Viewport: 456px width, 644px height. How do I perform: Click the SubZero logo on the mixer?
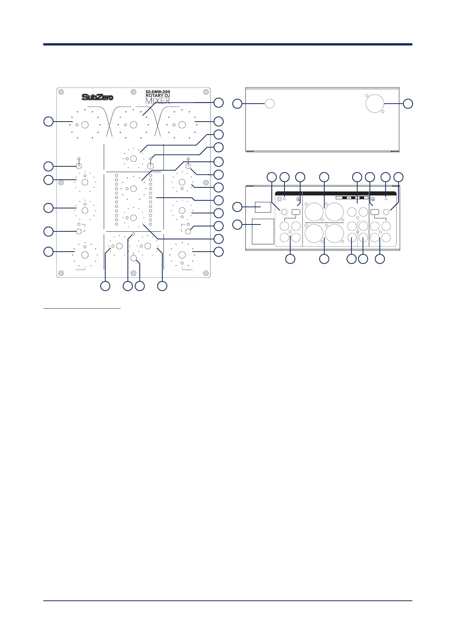pyautogui.click(x=97, y=97)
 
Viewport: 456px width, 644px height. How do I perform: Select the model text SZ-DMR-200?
pyautogui.click(x=158, y=92)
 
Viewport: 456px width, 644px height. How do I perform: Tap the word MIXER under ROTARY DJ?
pyautogui.click(x=158, y=101)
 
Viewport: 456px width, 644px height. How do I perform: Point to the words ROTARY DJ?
pyautogui.click(x=158, y=96)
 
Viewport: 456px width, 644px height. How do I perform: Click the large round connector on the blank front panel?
pyautogui.click(x=374, y=103)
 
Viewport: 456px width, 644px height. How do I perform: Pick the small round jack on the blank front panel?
pyautogui.click(x=270, y=103)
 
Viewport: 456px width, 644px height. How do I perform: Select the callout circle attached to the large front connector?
pyautogui.click(x=408, y=103)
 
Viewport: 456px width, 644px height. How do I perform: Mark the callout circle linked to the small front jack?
pyautogui.click(x=237, y=103)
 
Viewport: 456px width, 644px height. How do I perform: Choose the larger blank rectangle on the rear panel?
pyautogui.click(x=263, y=231)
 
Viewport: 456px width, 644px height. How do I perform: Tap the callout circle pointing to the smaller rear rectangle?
pyautogui.click(x=237, y=207)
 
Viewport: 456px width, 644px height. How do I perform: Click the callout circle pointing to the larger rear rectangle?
pyautogui.click(x=237, y=224)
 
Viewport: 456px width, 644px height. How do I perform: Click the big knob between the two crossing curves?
pyautogui.click(x=134, y=125)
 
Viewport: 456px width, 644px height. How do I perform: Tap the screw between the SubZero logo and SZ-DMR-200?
pyautogui.click(x=132, y=92)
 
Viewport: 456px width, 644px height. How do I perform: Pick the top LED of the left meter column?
pyautogui.click(x=116, y=176)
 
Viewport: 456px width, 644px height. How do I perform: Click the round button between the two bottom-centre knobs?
pyautogui.click(x=134, y=259)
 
